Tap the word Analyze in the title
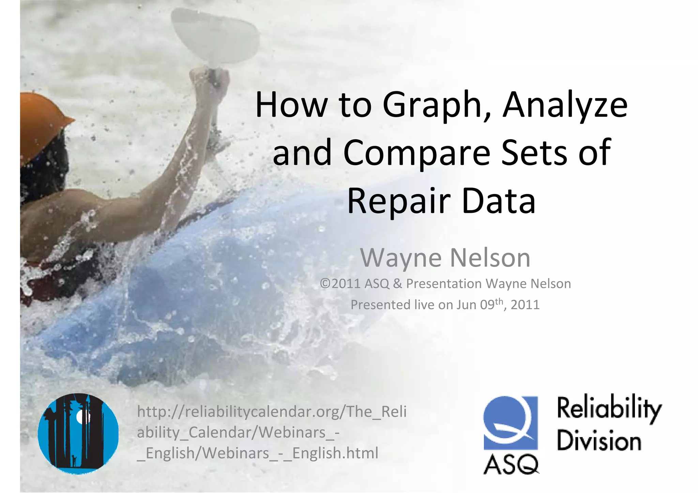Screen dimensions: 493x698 [565, 106]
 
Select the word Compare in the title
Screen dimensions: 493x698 [416, 153]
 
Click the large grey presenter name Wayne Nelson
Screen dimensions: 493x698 [445, 258]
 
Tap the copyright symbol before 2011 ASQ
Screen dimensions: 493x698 [325, 284]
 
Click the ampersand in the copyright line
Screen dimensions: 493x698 [397, 284]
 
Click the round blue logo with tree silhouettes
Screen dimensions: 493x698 [78, 433]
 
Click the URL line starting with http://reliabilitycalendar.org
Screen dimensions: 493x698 [272, 412]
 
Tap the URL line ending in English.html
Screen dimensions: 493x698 [258, 453]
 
